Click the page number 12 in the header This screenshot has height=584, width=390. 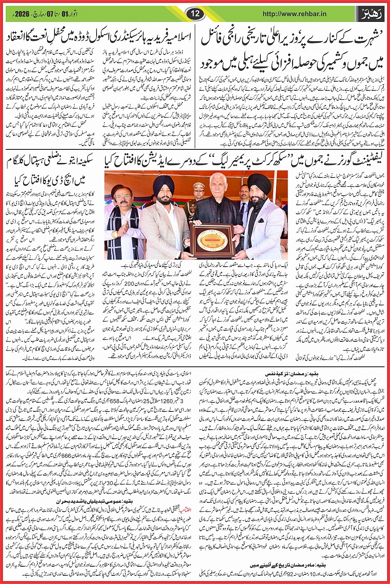pos(195,14)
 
